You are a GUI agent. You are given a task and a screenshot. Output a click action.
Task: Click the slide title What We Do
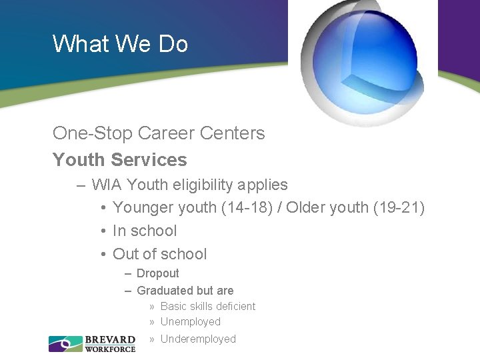[x=120, y=44]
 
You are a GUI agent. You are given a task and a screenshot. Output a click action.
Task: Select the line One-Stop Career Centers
[x=159, y=133]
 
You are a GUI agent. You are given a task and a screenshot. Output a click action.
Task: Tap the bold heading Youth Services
[x=120, y=160]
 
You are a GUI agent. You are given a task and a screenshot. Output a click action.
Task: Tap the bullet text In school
[x=145, y=231]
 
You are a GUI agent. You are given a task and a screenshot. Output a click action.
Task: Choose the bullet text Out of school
[x=160, y=254]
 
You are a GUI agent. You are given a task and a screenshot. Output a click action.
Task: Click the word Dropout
[x=158, y=273]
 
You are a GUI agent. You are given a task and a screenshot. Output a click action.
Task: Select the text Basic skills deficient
[x=208, y=307]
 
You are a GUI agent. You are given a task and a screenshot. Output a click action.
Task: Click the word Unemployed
[x=191, y=322]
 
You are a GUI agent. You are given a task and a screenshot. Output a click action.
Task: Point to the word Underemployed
[x=198, y=339]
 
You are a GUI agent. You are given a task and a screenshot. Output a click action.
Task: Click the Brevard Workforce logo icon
[x=65, y=343]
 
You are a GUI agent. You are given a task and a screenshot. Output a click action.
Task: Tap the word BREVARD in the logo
[x=110, y=340]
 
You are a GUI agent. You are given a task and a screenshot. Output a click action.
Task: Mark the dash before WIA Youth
[x=81, y=185]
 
